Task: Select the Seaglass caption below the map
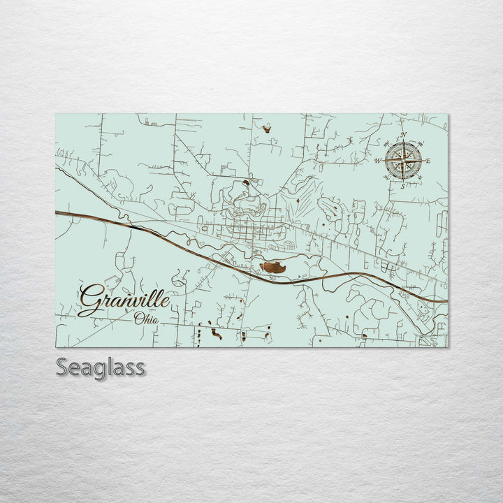click(101, 367)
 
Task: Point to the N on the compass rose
click(403, 135)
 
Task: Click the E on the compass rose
click(428, 161)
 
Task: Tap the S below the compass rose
click(402, 186)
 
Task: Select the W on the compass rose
click(378, 161)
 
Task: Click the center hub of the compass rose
click(403, 161)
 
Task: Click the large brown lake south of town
click(273, 267)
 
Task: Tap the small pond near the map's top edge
click(266, 128)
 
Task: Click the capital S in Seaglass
click(62, 367)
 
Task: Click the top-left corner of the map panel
click(56, 114)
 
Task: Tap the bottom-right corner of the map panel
click(447, 347)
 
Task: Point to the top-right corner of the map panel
click(447, 114)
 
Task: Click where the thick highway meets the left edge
click(57, 212)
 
